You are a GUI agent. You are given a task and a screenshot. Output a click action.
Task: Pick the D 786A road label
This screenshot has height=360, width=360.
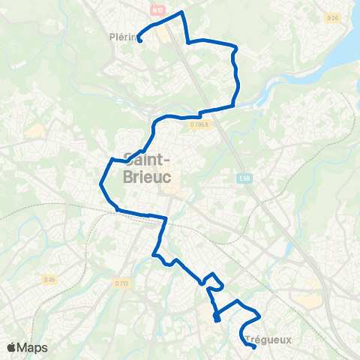pos(198,124)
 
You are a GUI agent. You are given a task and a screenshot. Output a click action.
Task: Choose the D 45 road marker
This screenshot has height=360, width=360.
pos(49,280)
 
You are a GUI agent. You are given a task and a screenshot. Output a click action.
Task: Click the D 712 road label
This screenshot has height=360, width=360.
pos(122,283)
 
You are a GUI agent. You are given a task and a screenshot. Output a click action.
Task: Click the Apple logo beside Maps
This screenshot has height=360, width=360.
pos(11,347)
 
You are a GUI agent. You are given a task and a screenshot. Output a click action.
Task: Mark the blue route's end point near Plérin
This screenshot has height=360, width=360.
pos(139,40)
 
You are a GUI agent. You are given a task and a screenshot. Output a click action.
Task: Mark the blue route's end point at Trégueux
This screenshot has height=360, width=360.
pos(255,346)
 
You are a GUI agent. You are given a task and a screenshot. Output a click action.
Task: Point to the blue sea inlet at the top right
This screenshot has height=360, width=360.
pos(345,45)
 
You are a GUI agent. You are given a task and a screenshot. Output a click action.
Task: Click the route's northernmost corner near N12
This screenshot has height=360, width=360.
pos(181,13)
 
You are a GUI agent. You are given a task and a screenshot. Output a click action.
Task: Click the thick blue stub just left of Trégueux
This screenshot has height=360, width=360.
pos(217,317)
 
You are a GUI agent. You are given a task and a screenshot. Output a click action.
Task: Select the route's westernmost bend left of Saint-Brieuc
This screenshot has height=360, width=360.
pos(101,182)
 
